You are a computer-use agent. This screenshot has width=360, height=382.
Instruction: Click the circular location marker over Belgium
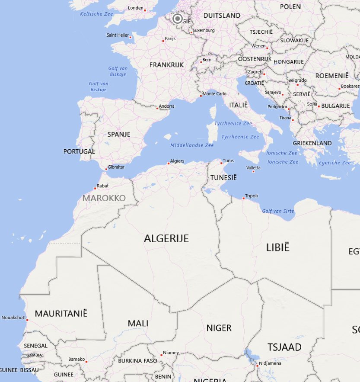click(178, 19)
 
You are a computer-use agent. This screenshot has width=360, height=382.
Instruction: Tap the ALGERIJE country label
click(166, 238)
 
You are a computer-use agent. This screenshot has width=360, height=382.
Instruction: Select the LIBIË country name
click(277, 247)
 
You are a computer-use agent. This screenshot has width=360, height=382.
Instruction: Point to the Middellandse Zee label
click(192, 145)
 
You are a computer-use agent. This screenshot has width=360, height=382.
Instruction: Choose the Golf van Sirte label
click(278, 211)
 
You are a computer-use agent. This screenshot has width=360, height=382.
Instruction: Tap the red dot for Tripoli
click(243, 198)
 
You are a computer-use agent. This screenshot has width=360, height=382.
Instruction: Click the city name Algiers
click(177, 161)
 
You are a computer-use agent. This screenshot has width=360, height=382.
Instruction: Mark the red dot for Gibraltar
click(106, 169)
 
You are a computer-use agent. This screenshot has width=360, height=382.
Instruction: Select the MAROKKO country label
click(104, 198)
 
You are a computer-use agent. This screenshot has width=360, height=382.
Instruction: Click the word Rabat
click(103, 186)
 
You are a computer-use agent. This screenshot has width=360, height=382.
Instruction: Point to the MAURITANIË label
click(61, 313)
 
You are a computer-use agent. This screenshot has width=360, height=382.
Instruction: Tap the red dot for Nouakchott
click(27, 320)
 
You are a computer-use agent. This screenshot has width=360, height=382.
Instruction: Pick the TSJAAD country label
click(284, 347)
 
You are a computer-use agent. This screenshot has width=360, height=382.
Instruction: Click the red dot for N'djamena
click(257, 366)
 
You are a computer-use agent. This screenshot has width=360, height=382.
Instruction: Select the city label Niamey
click(171, 353)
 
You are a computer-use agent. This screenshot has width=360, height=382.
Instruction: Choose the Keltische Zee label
click(96, 14)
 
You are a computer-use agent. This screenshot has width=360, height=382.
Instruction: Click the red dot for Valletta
click(253, 171)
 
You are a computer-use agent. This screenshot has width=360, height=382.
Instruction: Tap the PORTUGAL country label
click(79, 151)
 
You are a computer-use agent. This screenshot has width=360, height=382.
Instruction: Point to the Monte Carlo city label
click(214, 94)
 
